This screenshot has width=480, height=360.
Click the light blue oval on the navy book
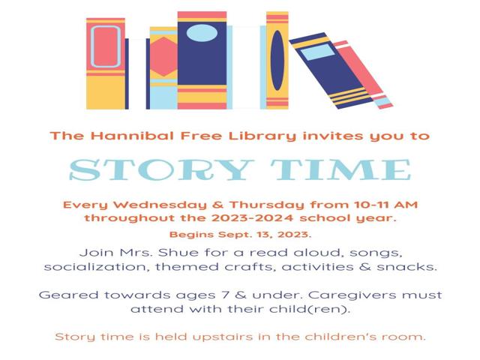coord(202,32)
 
